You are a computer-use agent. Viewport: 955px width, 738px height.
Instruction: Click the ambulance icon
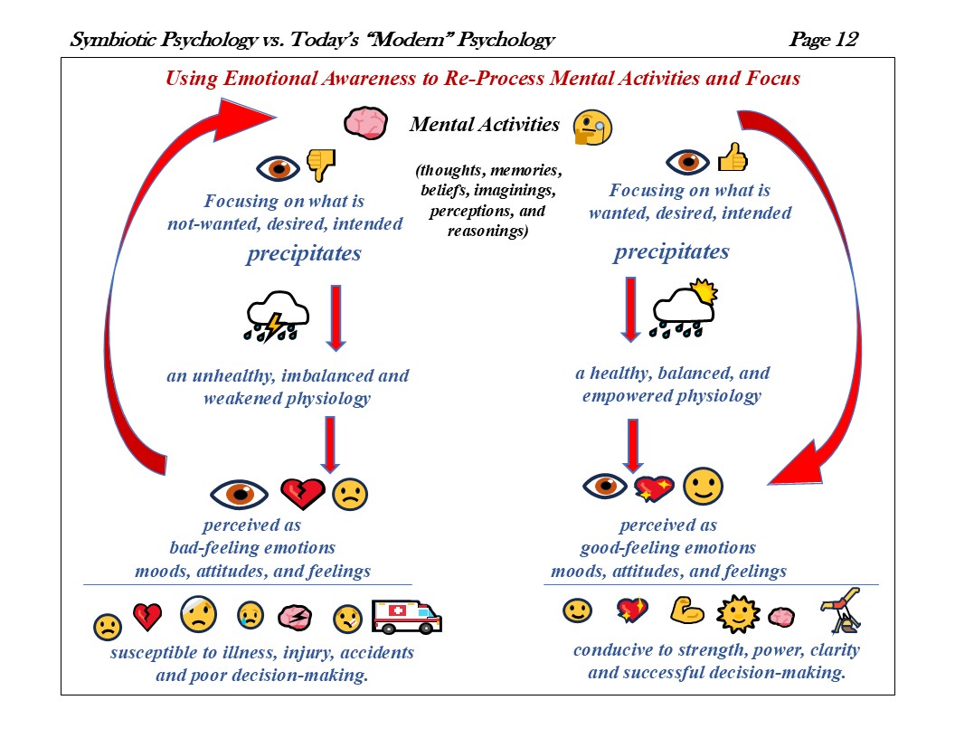coord(406,617)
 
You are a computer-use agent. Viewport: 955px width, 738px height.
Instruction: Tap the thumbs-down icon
coord(321,164)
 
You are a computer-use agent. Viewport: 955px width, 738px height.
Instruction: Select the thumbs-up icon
coord(733,159)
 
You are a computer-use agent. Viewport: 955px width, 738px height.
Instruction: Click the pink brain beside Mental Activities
coord(366,123)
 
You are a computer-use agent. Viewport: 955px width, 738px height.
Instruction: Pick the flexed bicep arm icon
coord(687,612)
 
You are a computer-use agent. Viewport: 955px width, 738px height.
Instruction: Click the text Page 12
coord(823,40)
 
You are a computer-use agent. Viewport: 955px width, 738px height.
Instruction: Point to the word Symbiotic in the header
coord(116,40)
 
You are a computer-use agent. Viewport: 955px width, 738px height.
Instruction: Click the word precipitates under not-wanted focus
coord(303,254)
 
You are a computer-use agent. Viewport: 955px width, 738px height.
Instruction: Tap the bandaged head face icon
coord(199,615)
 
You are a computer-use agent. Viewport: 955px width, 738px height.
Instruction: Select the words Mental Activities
coord(485,124)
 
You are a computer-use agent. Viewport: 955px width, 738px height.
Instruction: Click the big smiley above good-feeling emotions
coord(703,487)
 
